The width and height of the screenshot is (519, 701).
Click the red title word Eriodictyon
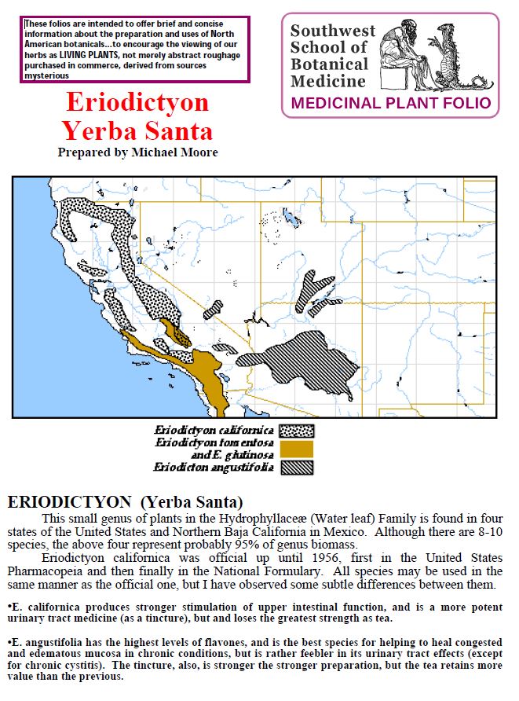(137, 103)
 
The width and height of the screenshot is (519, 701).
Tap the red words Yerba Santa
(137, 130)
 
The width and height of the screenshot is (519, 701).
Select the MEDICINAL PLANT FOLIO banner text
(390, 103)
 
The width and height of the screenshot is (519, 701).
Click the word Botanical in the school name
(328, 64)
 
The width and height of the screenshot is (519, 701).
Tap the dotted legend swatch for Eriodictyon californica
(297, 431)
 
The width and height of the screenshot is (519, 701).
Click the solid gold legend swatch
(297, 449)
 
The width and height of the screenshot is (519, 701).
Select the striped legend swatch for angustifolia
(297, 468)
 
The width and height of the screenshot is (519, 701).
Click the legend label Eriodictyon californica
(213, 431)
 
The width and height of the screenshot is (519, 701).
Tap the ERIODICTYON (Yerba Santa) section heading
(125, 501)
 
